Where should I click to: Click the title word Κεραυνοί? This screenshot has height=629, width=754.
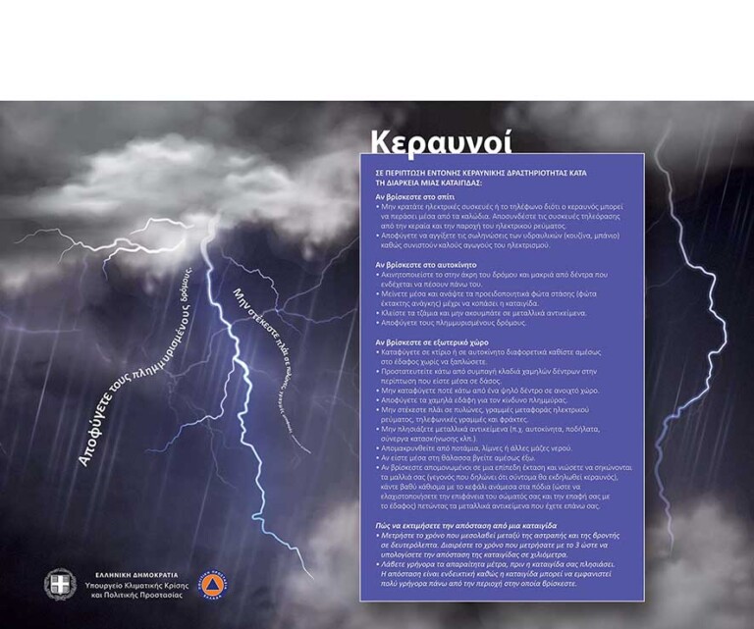[441, 140]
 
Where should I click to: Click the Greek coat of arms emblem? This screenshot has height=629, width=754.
[60, 584]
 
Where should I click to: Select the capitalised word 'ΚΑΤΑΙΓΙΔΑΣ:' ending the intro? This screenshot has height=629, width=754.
[455, 183]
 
